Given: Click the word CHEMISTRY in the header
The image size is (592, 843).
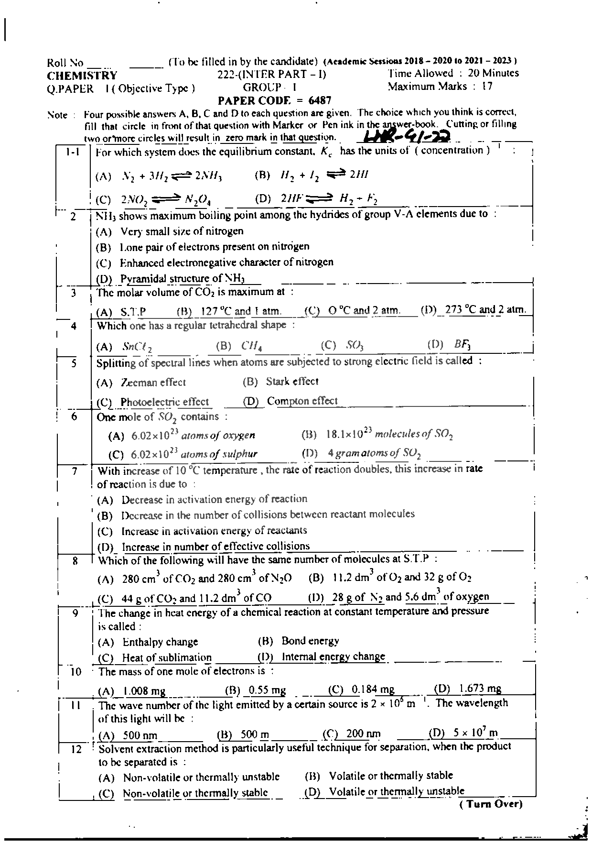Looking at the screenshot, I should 82,76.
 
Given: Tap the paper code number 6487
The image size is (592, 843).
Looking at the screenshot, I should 320,100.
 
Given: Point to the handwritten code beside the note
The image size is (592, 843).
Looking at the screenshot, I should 407,137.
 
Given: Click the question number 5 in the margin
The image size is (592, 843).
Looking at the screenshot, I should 74,363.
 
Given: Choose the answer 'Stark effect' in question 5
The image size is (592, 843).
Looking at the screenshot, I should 292,382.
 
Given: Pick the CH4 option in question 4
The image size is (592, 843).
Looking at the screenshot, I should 251,345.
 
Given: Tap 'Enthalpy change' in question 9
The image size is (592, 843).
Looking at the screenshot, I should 160,642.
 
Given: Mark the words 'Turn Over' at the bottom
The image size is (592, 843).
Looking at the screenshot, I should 491,804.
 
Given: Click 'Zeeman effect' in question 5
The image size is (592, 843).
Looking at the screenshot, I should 153,383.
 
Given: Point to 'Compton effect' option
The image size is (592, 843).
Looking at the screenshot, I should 302,401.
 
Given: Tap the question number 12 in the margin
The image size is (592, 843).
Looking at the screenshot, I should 76,749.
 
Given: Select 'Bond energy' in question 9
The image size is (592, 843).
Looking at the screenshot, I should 310,641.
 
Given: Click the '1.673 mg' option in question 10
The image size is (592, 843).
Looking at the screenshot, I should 480,689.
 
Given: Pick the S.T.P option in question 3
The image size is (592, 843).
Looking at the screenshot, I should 133,312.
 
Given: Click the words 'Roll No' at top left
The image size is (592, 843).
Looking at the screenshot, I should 65,63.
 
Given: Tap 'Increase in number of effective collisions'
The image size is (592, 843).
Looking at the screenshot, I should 215,546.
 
